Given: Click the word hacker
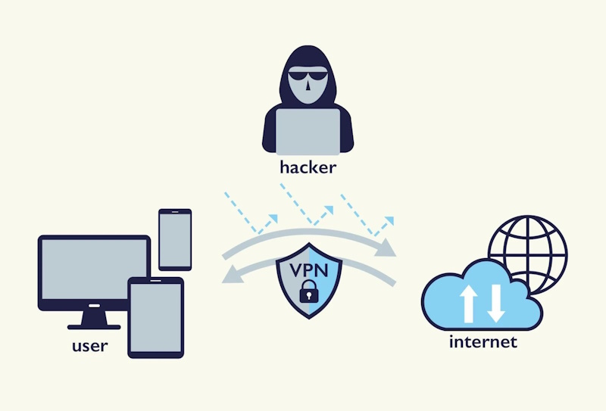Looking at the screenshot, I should point(307,167).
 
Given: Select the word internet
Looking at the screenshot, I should point(483,341).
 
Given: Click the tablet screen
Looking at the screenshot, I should point(155,316).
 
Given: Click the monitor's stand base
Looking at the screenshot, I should point(94,326).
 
